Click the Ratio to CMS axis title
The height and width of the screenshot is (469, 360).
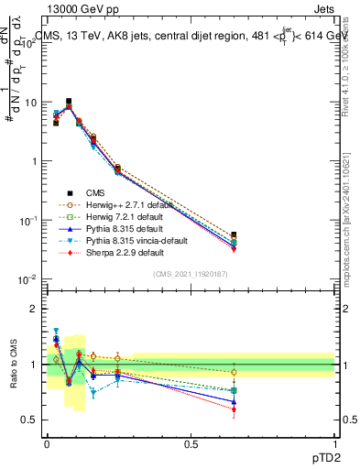coord(13,365)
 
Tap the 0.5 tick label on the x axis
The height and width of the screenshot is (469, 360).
coord(191,442)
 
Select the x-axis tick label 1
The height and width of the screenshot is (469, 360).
coord(334,442)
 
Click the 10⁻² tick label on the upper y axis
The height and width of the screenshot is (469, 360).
coord(30,279)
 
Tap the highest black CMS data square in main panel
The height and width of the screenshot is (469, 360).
coord(69,102)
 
